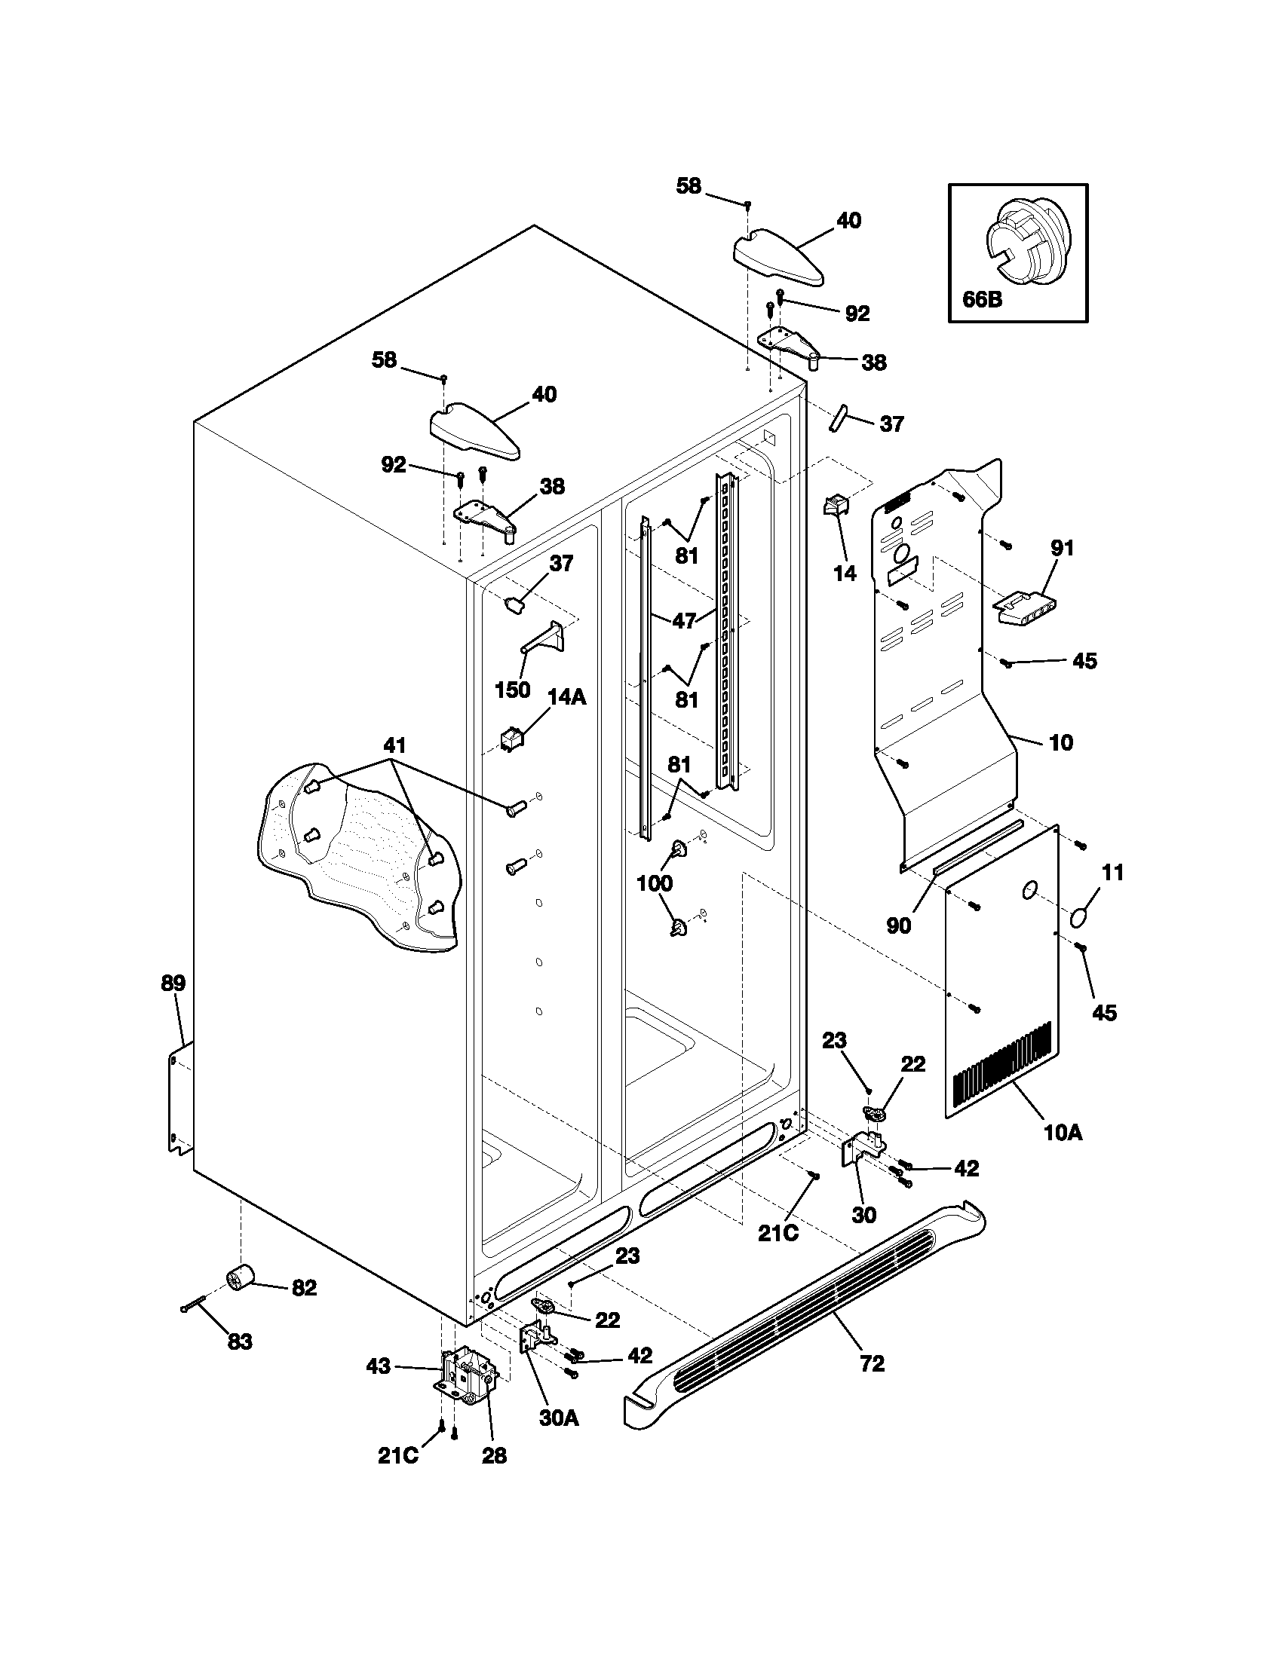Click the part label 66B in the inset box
pyautogui.click(x=982, y=299)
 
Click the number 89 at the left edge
pyautogui.click(x=173, y=983)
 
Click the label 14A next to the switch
pyautogui.click(x=566, y=697)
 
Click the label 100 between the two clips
pyautogui.click(x=654, y=883)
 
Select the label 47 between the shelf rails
pyautogui.click(x=684, y=620)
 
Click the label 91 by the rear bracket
pyautogui.click(x=1062, y=547)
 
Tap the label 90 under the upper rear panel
pyautogui.click(x=898, y=925)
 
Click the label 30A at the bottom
pyautogui.click(x=559, y=1439)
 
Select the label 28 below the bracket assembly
pyautogui.click(x=495, y=1476)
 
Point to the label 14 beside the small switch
pyautogui.click(x=845, y=574)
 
